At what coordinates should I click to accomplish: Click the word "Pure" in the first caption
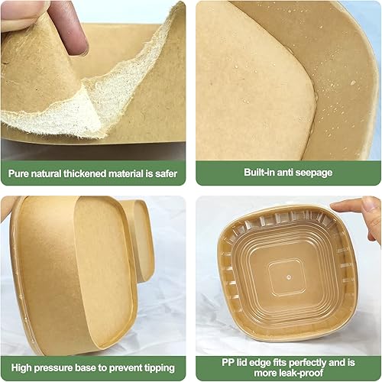click(20, 173)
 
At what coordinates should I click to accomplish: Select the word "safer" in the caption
click(165, 173)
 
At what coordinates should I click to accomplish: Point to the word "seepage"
click(312, 173)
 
